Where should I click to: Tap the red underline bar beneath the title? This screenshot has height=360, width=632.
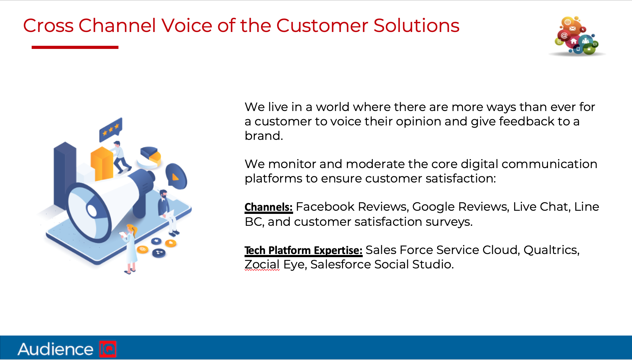tap(75, 47)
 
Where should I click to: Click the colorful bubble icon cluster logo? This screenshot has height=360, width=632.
tap(577, 36)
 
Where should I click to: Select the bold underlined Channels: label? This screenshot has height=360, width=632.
tap(269, 207)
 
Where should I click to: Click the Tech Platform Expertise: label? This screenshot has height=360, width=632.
tap(303, 251)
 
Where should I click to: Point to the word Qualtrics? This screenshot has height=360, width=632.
tap(551, 250)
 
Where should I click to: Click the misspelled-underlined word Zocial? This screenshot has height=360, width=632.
tap(262, 265)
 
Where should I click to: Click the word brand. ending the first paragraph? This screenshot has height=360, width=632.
tap(264, 136)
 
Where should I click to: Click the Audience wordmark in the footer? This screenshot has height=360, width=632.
tap(55, 349)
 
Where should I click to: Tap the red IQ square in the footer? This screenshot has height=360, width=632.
tap(108, 349)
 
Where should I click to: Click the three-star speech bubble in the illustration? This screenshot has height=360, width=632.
tap(111, 130)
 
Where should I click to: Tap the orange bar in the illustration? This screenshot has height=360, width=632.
tap(102, 164)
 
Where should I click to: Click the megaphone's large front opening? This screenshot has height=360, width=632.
tap(88, 213)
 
